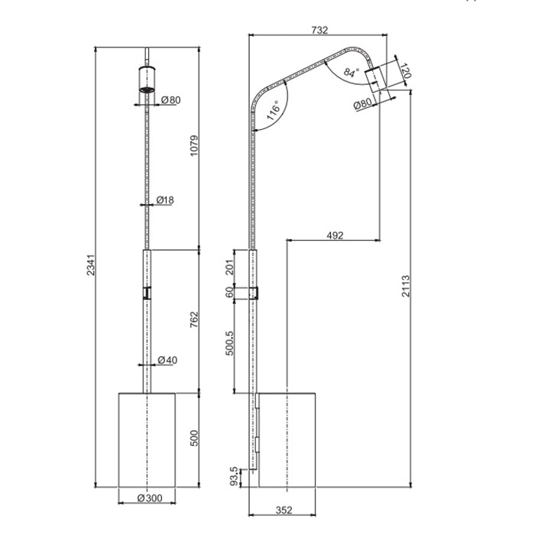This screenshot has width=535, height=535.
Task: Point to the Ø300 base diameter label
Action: pos(149,498)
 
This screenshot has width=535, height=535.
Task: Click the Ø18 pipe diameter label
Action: pos(164,200)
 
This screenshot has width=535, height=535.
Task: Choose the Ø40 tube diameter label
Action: pos(167,360)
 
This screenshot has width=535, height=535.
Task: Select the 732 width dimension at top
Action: pos(319,31)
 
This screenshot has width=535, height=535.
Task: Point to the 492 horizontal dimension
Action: pos(334,235)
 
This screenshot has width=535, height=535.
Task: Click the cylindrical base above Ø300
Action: pos(148,439)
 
